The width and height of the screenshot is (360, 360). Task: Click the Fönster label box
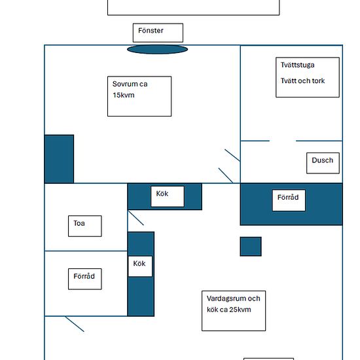point(158,33)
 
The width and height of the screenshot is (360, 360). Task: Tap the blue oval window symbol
point(158,49)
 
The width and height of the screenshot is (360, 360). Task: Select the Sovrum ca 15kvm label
point(139,96)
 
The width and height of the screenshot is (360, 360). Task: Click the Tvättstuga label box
point(308,77)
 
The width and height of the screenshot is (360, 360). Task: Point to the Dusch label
point(323,163)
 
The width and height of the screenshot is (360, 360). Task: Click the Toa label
point(84,226)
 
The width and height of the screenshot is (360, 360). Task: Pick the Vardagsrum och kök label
point(234,311)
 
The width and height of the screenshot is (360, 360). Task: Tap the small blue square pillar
point(251,246)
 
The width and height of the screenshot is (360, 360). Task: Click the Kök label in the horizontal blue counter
point(168,196)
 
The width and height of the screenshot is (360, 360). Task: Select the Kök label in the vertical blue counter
point(140,266)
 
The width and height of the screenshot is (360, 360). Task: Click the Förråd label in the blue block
point(289,200)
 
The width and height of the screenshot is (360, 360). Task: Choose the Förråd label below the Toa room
point(84,279)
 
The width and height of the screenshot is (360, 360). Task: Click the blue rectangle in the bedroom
point(59,159)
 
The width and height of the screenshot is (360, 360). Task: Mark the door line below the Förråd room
point(75,324)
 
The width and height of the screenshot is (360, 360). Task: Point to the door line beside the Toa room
point(136,218)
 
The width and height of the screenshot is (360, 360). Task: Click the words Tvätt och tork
point(302,81)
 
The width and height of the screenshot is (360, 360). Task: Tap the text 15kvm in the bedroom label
point(124,95)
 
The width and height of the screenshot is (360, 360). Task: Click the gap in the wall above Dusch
point(283,141)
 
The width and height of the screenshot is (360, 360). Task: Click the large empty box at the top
point(194,7)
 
